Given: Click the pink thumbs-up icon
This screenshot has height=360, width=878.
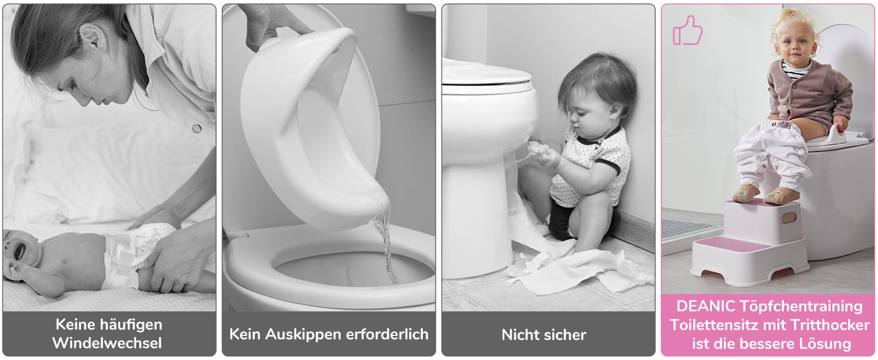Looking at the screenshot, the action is (687, 31).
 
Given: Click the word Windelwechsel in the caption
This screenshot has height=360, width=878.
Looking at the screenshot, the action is (107, 343).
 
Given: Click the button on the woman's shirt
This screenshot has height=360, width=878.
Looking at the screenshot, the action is (197, 128).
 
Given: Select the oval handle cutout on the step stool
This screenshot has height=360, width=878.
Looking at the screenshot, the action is (789, 218).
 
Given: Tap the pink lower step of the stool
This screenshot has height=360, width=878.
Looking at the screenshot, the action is (732, 245).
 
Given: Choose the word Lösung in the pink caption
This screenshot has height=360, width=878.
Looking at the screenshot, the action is (825, 344).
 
